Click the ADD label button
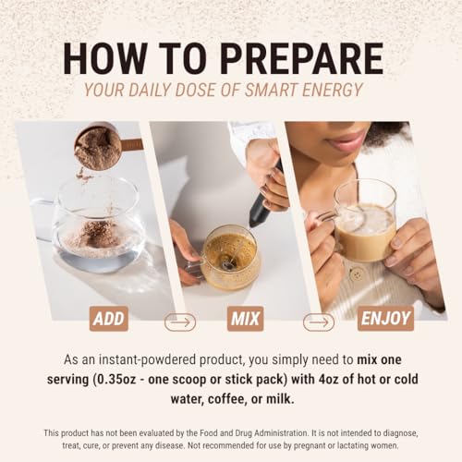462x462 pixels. [109, 319]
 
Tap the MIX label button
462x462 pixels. [245, 319]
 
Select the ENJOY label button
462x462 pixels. [385, 319]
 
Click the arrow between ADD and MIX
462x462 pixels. [180, 322]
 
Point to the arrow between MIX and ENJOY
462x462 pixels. [319, 322]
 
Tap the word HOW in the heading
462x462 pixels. [105, 58]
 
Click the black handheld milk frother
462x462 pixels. [265, 197]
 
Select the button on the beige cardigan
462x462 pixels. [357, 274]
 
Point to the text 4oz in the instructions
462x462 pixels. [329, 380]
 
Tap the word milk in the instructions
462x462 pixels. [280, 399]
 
